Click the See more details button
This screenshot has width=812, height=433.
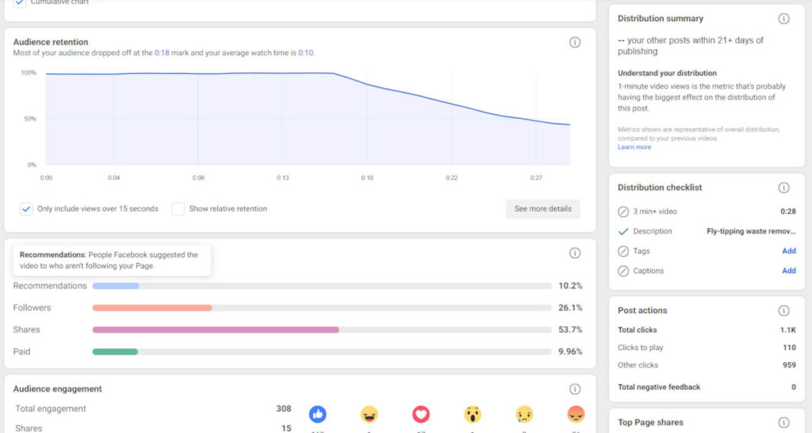click(543, 209)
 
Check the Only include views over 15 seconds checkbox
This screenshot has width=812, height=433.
click(26, 209)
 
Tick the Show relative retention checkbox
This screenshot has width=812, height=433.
click(178, 209)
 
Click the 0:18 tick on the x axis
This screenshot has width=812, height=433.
click(367, 178)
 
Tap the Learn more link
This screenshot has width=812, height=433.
click(634, 147)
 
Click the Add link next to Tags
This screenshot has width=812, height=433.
click(788, 251)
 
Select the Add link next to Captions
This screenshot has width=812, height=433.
click(788, 271)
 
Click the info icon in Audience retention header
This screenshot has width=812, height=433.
click(574, 42)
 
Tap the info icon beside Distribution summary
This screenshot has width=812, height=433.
click(784, 18)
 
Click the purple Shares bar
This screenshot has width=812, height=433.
click(216, 330)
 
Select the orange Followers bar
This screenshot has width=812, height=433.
click(152, 308)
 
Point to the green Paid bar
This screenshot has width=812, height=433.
click(115, 351)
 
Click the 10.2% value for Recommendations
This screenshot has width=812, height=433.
click(570, 286)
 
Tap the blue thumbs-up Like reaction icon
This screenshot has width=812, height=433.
click(317, 415)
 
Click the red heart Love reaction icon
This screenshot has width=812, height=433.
click(420, 415)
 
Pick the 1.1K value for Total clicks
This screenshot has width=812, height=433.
click(787, 330)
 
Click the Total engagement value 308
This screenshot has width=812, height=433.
click(283, 409)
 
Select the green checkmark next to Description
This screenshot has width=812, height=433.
click(623, 231)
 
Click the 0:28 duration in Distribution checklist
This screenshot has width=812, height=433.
click(787, 212)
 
